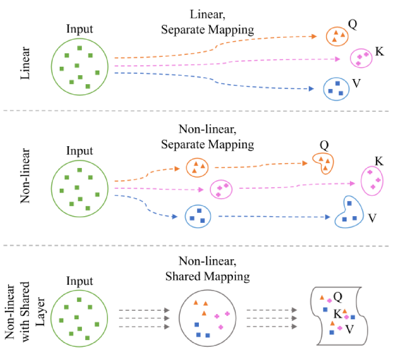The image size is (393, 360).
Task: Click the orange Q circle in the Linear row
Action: pos(337,36)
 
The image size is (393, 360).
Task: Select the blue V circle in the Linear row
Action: pos(336,88)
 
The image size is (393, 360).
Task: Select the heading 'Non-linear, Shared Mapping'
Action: pos(207,269)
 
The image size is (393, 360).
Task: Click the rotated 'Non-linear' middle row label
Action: pos(25,176)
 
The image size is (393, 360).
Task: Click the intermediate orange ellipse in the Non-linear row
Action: pos(198,167)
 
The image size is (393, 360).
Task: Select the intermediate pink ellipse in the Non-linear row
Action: pos(221,190)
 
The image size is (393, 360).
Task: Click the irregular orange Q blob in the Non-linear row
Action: pos(323,163)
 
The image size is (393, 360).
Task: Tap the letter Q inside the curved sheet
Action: pos(338,297)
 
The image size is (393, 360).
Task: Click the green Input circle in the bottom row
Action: pos(80,315)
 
